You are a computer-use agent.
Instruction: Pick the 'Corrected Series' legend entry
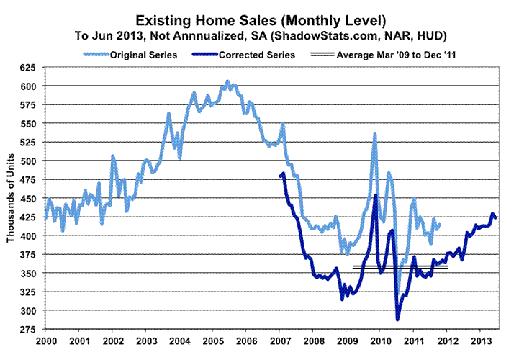(259, 54)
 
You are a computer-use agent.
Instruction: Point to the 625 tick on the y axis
(31, 67)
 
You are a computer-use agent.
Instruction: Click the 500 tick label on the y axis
(31, 161)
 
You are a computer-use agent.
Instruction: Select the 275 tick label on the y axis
(31, 329)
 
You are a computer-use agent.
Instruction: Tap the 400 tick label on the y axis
(31, 235)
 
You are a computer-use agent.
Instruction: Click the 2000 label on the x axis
(46, 341)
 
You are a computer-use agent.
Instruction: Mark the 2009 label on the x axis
(346, 341)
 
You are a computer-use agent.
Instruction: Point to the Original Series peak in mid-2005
(227, 81)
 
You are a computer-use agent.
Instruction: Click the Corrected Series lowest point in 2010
(397, 319)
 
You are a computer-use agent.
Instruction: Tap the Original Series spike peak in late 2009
(375, 134)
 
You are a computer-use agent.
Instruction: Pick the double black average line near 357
(400, 267)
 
